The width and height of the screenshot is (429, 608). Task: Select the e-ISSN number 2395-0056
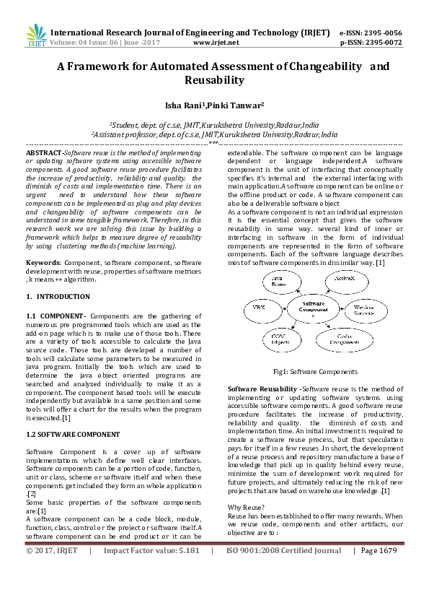point(381,32)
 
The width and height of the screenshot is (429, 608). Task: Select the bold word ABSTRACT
point(43,154)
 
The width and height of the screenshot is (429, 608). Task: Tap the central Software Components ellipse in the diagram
point(313,310)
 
